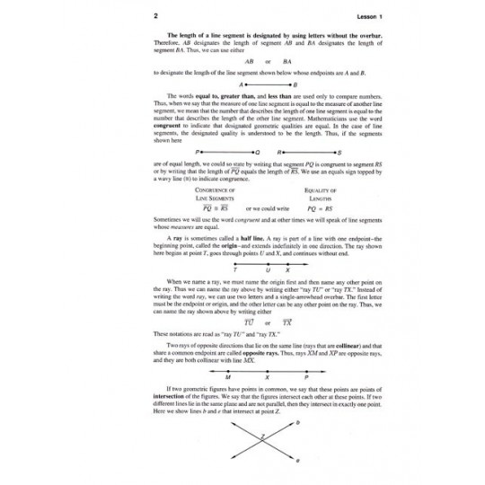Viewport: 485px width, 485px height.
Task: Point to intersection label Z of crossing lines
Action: [263, 440]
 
